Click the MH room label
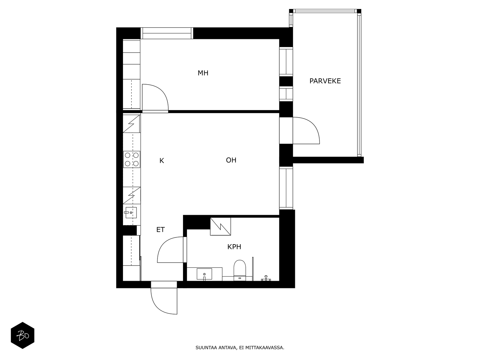point(203,73)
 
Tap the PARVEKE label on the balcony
point(325,81)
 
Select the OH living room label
point(231,160)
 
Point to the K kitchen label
point(162,161)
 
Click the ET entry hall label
point(160,229)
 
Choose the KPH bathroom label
point(234,247)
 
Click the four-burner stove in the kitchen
point(132,159)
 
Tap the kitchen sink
point(131,212)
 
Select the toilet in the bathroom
point(240,270)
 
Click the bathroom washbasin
point(204,274)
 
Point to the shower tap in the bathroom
point(266,278)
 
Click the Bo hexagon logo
point(22,335)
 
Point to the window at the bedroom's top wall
point(167,33)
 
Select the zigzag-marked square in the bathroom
point(220,226)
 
